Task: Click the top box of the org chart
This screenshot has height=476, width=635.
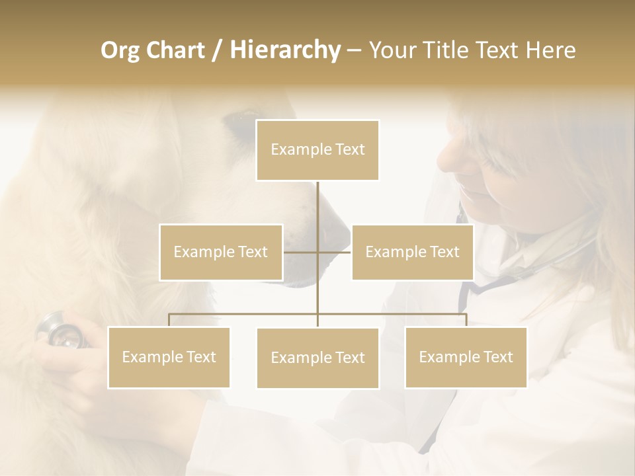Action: [x=317, y=150]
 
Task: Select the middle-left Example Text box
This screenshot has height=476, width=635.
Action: [x=221, y=252]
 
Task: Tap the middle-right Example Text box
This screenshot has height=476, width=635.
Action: [x=412, y=252]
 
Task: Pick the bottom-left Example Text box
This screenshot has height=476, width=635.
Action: [x=169, y=357]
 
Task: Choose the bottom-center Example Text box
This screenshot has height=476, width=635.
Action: [x=317, y=358]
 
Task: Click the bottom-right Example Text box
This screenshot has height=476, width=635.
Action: [x=466, y=357]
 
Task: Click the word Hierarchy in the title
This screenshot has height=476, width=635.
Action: [x=285, y=50]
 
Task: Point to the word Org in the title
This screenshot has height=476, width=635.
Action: [x=120, y=50]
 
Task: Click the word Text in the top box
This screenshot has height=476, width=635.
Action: [x=349, y=149]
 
